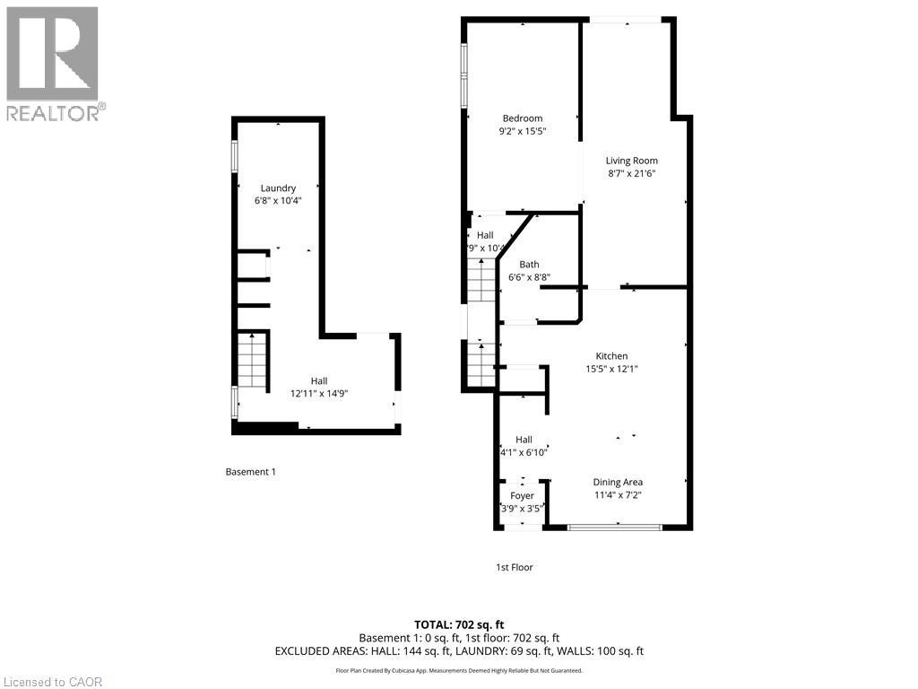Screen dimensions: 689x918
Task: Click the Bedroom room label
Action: (522, 118)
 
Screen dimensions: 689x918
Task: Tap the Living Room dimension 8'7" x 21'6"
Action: (631, 174)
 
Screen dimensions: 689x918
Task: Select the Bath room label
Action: (529, 265)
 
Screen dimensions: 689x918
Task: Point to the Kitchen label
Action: (612, 356)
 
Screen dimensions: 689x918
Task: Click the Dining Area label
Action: (618, 482)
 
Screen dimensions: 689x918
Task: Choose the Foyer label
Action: (522, 495)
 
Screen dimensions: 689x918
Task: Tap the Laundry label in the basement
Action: (278, 188)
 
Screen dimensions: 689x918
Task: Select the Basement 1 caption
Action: (250, 471)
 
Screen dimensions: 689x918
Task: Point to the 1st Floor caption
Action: (515, 567)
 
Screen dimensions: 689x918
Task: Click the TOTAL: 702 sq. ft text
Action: (458, 624)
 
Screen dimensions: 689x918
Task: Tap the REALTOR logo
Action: (53, 63)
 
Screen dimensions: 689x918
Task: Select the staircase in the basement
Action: (254, 359)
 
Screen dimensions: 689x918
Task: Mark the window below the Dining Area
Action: (615, 528)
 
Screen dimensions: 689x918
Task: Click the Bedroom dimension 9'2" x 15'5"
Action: (522, 131)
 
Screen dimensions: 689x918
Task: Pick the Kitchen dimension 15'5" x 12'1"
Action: (612, 369)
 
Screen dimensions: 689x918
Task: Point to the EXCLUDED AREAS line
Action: (458, 651)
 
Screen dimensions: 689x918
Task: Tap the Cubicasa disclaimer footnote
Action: (458, 670)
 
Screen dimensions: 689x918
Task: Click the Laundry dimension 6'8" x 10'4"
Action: (278, 200)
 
